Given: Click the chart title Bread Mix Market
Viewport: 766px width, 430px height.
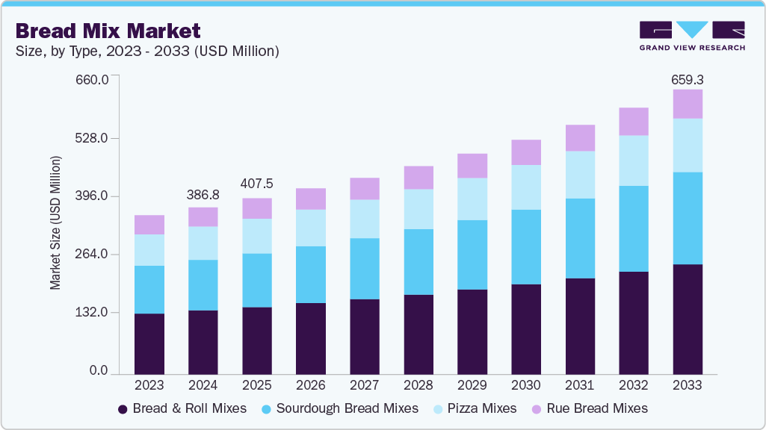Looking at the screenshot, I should point(108,31).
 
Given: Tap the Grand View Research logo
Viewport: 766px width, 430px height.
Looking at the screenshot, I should point(691,35).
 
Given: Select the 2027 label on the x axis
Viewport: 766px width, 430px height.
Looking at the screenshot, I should point(365,385).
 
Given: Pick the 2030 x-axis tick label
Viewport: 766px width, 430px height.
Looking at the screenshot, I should point(526,385).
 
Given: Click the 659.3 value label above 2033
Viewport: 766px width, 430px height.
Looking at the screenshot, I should point(688,79).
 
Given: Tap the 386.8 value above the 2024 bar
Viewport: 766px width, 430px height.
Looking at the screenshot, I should point(203,194).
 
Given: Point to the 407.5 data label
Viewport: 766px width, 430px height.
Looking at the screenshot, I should point(257,184).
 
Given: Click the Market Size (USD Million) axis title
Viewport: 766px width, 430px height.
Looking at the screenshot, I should point(55,222).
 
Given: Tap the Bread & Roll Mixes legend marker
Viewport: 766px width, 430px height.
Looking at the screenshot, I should point(123,409).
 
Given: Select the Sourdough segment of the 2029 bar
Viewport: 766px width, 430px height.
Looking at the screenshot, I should point(472,255).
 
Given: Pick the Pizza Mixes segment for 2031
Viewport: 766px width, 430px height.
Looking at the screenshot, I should point(580,175).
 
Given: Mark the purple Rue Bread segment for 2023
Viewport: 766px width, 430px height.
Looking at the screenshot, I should point(149,225).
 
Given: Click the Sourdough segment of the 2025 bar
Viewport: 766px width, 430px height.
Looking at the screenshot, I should point(257,280).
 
